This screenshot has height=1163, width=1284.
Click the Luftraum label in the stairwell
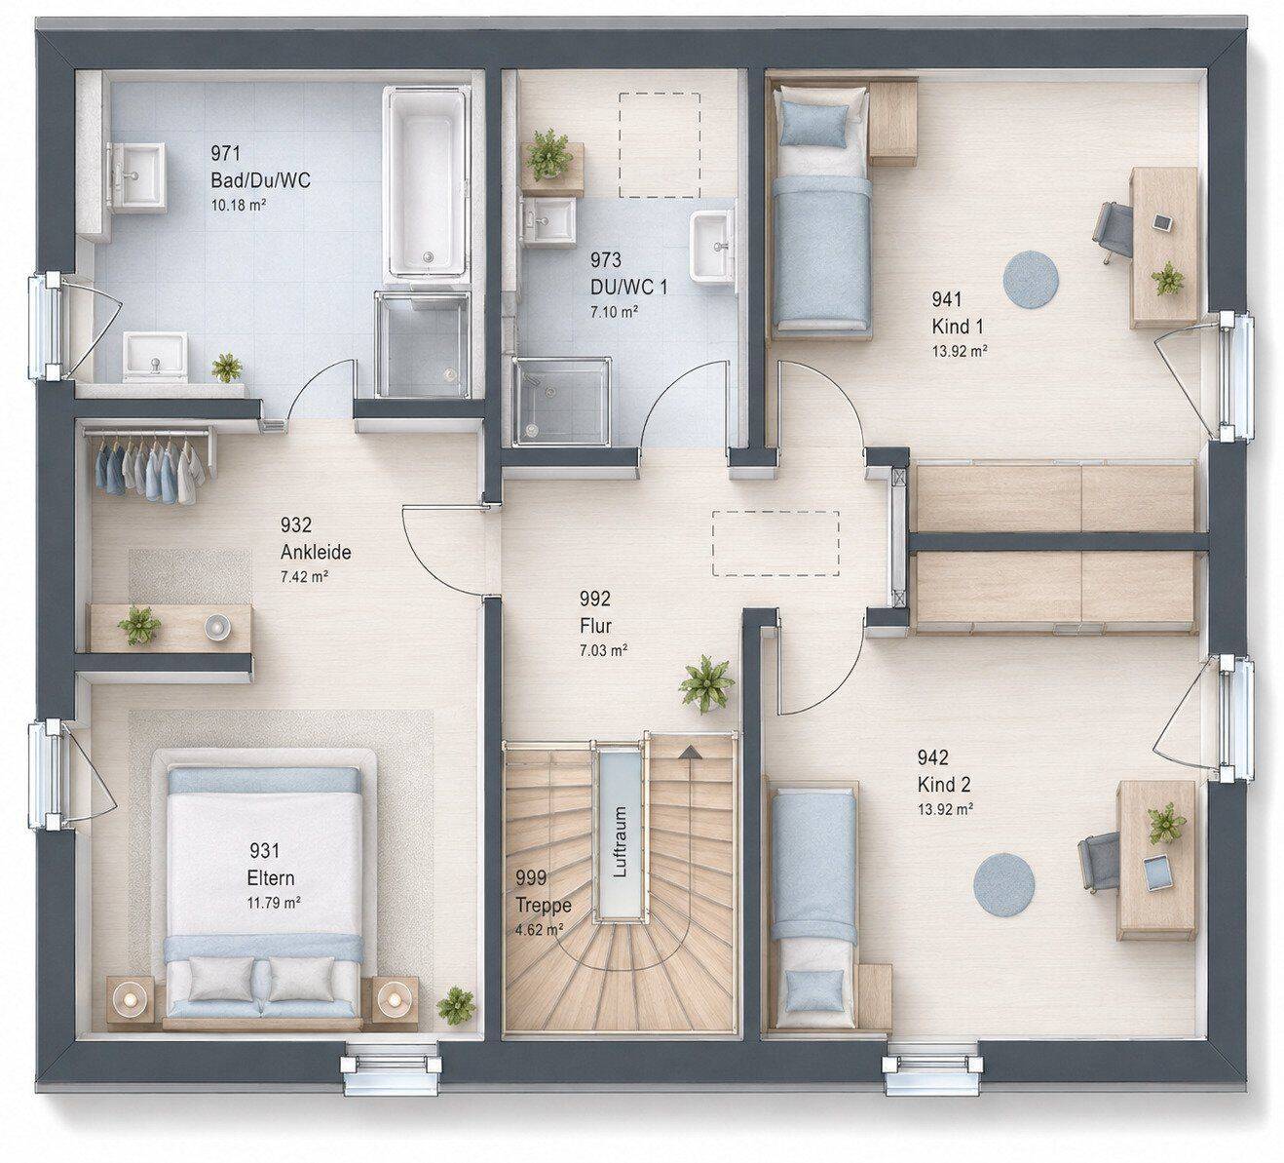click(x=620, y=841)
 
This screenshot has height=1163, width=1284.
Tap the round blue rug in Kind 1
click(x=1031, y=279)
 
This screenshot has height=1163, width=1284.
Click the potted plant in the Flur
click(x=706, y=683)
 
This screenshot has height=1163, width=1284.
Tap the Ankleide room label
click(x=316, y=552)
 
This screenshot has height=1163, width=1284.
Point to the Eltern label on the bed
click(x=271, y=877)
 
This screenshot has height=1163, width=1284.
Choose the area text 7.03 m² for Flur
click(x=603, y=650)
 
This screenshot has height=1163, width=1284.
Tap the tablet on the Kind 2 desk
click(x=1155, y=872)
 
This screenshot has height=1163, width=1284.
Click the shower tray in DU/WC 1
click(x=561, y=402)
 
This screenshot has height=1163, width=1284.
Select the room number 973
click(x=606, y=259)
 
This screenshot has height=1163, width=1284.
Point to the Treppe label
click(x=544, y=906)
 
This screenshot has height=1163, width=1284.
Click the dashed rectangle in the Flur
click(x=775, y=543)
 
